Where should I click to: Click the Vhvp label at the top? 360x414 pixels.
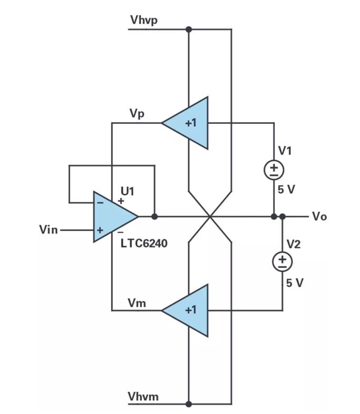(x=143, y=21)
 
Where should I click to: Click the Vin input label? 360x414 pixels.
(x=49, y=230)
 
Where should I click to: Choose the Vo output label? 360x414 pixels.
(x=319, y=216)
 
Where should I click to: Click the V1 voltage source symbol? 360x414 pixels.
(x=274, y=170)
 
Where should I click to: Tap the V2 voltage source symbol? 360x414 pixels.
(x=283, y=261)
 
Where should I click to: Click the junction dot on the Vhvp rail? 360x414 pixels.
(x=189, y=29)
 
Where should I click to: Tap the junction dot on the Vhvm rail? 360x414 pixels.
(x=189, y=404)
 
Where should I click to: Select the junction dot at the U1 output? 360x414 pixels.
(x=154, y=216)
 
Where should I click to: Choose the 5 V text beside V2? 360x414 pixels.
(x=295, y=283)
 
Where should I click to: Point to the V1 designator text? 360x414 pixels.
(x=285, y=151)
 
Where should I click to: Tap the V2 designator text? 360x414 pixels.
(x=294, y=243)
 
